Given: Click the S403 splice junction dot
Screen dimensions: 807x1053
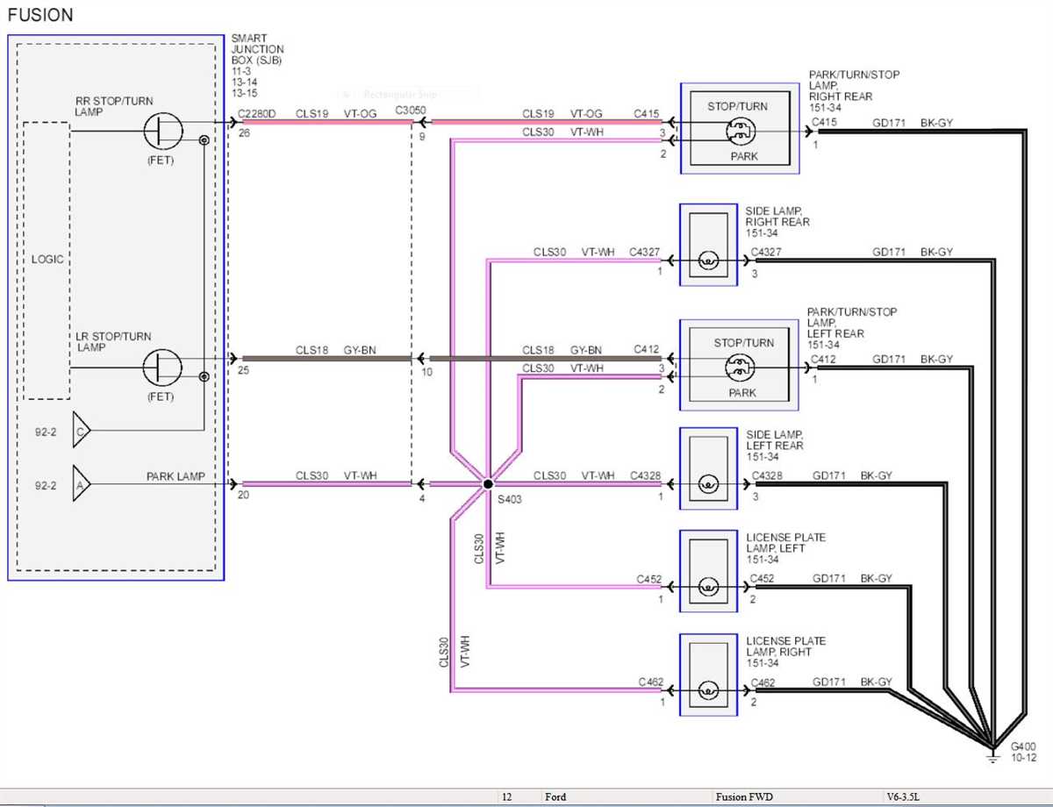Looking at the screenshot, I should point(487,483).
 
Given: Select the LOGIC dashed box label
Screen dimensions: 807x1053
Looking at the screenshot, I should point(47,260).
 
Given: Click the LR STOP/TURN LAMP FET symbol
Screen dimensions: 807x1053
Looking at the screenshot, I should point(162,368).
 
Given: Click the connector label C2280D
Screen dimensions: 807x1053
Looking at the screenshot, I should point(256,113).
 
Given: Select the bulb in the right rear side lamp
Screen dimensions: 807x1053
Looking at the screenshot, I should point(707,261).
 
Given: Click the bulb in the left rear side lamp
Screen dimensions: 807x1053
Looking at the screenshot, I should point(707,483).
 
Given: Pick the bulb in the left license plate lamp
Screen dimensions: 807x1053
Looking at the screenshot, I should point(707,587).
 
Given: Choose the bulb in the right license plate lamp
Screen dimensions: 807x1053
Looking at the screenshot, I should point(707,690).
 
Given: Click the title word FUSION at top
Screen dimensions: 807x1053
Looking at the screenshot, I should point(40,15).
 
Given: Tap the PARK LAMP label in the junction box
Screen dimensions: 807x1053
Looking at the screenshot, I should point(175,476).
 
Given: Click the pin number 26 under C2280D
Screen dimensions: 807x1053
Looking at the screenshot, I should point(244,133).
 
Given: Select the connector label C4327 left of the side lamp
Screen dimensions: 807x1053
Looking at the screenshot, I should point(644,252).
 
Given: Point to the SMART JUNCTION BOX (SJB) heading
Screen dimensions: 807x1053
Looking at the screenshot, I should point(258,55).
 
